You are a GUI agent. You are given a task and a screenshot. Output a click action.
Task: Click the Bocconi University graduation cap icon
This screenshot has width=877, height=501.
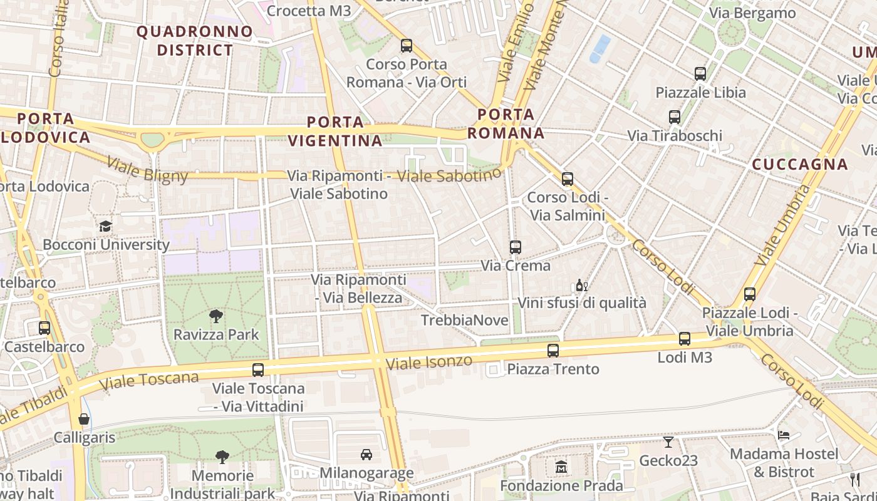(x=105, y=226)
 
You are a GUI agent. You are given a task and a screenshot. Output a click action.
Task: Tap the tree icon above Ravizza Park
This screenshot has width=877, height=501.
(x=216, y=316)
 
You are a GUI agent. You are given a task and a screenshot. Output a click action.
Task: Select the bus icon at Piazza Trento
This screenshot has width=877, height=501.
(x=553, y=351)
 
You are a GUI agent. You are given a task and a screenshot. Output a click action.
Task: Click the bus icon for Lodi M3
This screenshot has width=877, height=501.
(x=685, y=339)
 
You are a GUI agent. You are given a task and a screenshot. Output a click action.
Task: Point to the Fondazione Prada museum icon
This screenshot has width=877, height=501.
(x=561, y=467)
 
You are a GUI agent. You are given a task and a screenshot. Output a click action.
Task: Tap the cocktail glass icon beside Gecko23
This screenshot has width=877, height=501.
(x=668, y=442)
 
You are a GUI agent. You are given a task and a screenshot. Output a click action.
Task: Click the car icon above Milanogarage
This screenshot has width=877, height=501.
(x=366, y=454)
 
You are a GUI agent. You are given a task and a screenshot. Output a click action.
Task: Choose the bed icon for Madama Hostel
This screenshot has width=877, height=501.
(x=783, y=435)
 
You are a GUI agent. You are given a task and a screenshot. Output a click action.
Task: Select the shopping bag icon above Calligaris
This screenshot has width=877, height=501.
(x=84, y=418)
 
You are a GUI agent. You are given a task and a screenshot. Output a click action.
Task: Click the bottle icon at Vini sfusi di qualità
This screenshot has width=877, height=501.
(x=581, y=286)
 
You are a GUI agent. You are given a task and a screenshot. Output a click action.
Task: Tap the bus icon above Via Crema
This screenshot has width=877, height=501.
(x=516, y=247)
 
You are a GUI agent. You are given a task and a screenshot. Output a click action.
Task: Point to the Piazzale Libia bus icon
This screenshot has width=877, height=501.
(x=700, y=74)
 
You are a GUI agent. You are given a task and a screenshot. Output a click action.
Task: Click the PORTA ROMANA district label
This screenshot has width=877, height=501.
(x=506, y=123)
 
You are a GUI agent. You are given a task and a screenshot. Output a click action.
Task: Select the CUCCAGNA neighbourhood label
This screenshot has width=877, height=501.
(x=800, y=165)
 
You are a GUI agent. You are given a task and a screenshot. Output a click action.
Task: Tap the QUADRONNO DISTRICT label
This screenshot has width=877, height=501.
(x=195, y=41)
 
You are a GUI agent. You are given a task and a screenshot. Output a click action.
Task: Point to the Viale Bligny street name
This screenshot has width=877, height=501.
(x=147, y=170)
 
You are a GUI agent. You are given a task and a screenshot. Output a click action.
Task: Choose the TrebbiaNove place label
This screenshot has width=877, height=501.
(x=465, y=321)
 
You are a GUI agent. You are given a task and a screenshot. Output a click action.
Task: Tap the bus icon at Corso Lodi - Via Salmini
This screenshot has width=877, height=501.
(x=568, y=179)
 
